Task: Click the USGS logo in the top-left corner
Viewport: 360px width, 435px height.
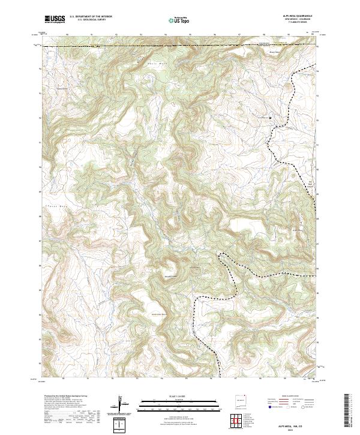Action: coord(55,19)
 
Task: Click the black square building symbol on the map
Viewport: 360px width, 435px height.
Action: coord(270,117)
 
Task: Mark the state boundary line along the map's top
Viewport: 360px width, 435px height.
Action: coord(180,46)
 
